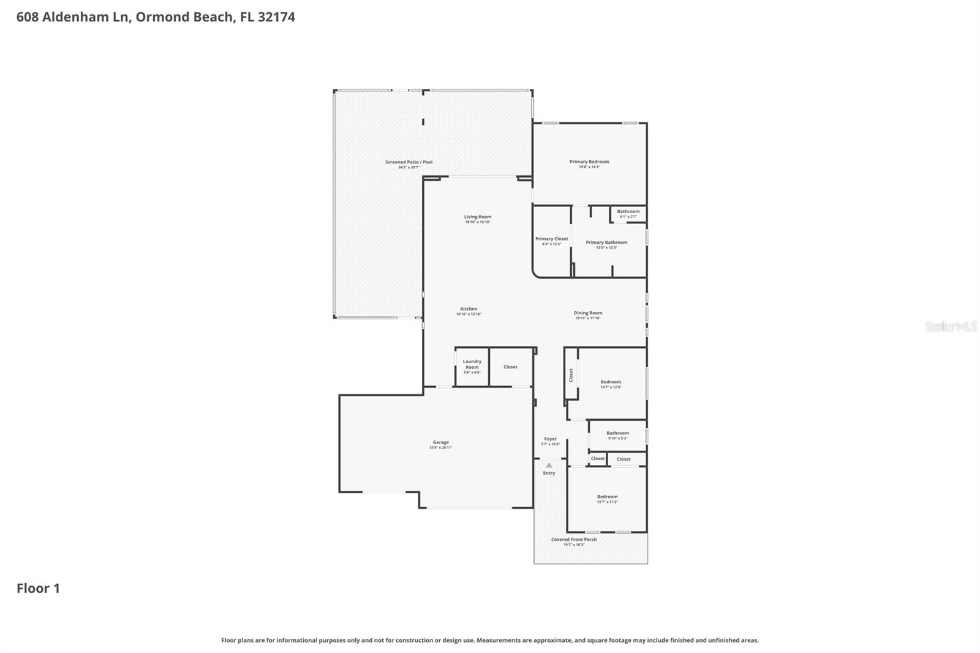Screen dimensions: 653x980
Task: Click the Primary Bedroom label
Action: pos(589,162)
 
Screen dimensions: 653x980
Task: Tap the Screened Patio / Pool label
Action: pos(409,162)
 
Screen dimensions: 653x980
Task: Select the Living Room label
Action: pos(477,217)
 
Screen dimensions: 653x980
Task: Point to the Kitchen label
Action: pos(469,309)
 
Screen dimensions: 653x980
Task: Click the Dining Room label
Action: pos(587,313)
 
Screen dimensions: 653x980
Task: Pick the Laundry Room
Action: pos(472,366)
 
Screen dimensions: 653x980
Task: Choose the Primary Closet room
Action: pos(551,241)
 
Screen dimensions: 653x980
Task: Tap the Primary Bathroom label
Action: pos(606,243)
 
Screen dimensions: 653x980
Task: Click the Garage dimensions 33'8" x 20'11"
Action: pos(440,448)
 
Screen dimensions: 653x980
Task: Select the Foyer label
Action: pos(550,439)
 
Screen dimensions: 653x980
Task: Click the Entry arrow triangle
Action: pos(549,466)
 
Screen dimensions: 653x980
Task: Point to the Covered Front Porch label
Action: pos(573,540)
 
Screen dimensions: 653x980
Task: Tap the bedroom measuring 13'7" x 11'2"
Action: pos(607,499)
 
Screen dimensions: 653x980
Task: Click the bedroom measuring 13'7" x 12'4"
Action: pos(611,384)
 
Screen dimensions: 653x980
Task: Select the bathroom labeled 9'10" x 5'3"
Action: pos(617,435)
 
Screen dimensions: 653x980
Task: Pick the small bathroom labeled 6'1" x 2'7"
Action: pos(628,214)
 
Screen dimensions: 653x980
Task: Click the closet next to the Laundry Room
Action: pos(510,367)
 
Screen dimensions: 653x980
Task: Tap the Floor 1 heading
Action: pos(38,589)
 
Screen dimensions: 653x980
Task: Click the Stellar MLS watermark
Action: pos(951,326)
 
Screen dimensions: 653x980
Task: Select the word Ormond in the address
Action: pos(162,17)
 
